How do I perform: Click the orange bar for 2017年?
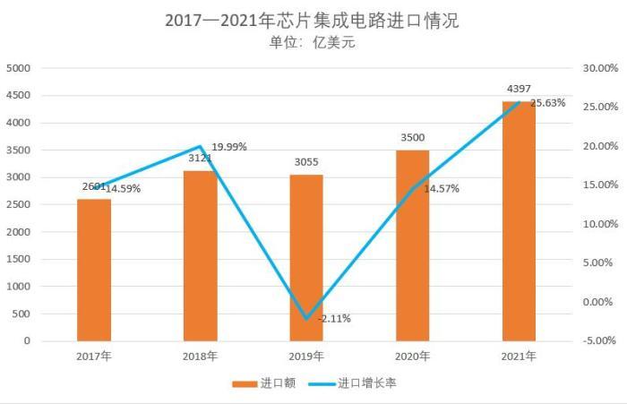click(x=94, y=270)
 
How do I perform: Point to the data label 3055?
click(x=306, y=162)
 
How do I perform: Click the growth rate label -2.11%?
click(x=334, y=318)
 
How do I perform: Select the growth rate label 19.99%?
click(x=229, y=146)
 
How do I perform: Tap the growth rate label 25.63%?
click(x=548, y=103)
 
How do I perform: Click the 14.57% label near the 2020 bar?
click(x=442, y=188)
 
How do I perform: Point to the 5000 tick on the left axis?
click(x=19, y=68)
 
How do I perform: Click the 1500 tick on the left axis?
click(x=19, y=259)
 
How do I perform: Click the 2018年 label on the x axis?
click(x=200, y=356)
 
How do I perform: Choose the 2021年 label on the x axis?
click(x=519, y=356)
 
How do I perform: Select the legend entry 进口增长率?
click(x=363, y=383)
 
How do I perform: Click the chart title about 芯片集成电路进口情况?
click(x=312, y=20)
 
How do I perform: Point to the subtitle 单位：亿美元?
click(x=312, y=41)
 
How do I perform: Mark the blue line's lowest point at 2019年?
click(x=306, y=318)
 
